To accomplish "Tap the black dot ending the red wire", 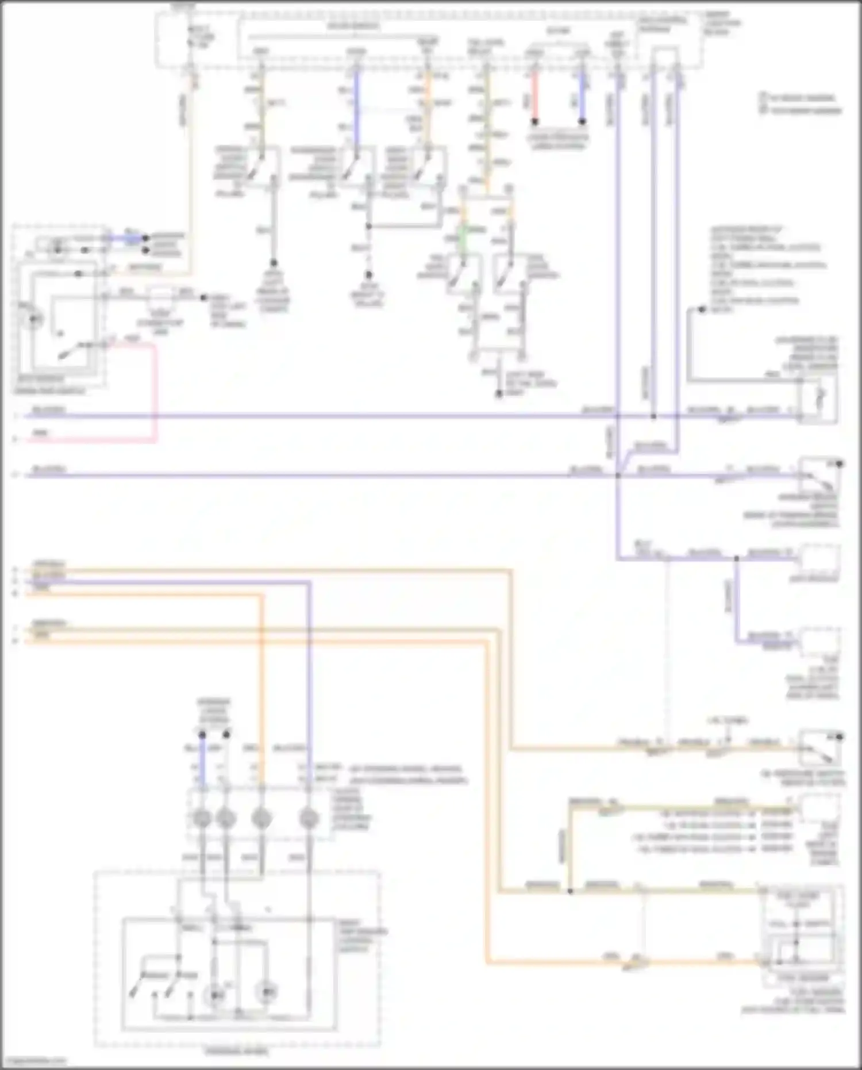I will click(534, 122).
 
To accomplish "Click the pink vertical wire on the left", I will click(155, 391).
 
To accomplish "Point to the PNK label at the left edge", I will click(40, 432).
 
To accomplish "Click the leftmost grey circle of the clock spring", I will click(202, 818).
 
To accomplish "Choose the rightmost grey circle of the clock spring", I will click(309, 818).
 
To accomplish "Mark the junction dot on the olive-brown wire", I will click(570, 891).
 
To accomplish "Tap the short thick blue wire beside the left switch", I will click(132, 237).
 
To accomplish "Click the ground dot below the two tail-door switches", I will click(499, 394).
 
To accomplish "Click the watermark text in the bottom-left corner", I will click(34, 1061).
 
